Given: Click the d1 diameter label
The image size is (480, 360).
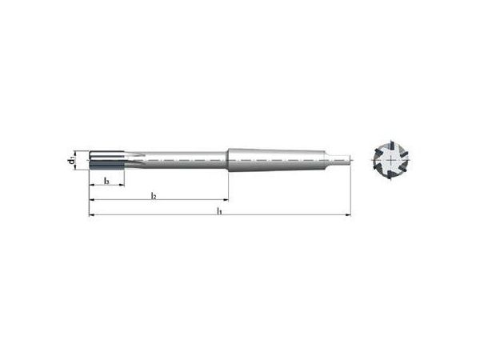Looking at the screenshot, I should (x=72, y=160).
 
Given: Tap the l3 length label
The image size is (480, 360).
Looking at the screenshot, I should (x=106, y=181).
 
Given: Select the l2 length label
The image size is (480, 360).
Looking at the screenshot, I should (x=154, y=195).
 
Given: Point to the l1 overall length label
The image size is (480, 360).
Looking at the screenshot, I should (x=220, y=211).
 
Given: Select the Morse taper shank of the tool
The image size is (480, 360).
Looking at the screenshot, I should (x=272, y=159).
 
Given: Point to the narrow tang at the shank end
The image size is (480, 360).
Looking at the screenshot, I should (x=342, y=159).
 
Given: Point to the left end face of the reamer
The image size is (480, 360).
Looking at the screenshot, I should (x=90, y=160).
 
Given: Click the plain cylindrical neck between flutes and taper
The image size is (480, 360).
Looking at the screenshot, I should (x=184, y=159).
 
